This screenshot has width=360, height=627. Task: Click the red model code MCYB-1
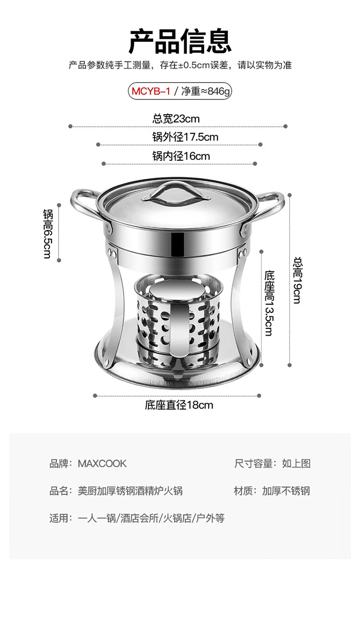151,91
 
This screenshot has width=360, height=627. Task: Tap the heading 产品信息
180,41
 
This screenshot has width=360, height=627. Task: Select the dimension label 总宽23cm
176,119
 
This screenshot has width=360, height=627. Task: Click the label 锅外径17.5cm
185,137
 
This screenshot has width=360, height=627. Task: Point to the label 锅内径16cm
181,156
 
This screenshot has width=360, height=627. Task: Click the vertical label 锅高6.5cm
48,234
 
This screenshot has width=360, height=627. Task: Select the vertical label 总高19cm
298,280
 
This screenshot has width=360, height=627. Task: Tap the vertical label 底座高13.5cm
269,303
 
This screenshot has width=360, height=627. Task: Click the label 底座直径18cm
179,405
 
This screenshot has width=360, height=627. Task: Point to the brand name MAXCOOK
102,464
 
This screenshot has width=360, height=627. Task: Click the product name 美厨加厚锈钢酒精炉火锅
130,491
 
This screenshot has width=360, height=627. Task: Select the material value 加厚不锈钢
286,491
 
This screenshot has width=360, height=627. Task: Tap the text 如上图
296,464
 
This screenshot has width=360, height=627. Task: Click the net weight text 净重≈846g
205,91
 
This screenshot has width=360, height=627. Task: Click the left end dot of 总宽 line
70,127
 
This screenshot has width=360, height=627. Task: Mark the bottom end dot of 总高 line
289,365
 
